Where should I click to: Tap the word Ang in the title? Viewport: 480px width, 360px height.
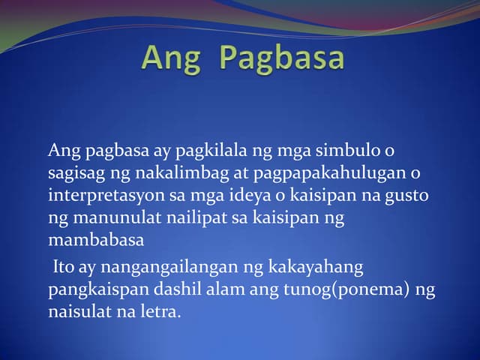171,58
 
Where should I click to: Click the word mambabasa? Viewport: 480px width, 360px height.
95,241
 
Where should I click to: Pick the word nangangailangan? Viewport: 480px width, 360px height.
164,266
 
